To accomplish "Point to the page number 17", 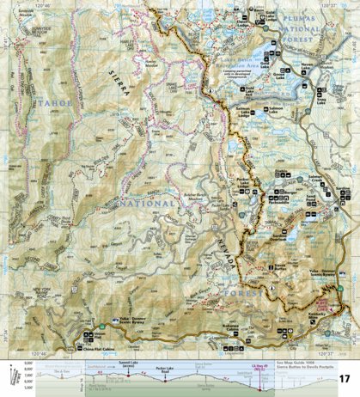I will pos(345,379).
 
